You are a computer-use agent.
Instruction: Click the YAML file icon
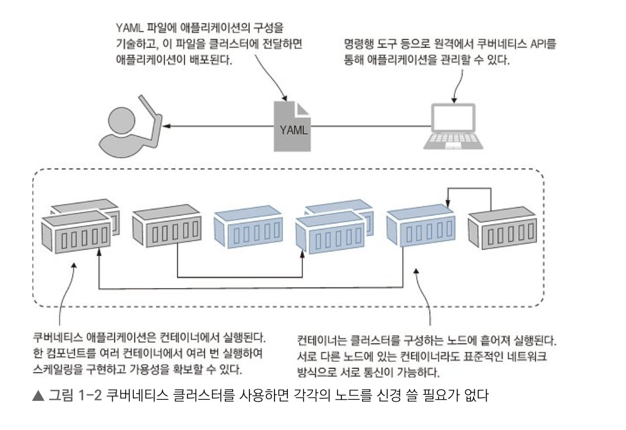[292, 126]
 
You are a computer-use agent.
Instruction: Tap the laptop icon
[453, 126]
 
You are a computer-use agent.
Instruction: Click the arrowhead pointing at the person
[171, 127]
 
